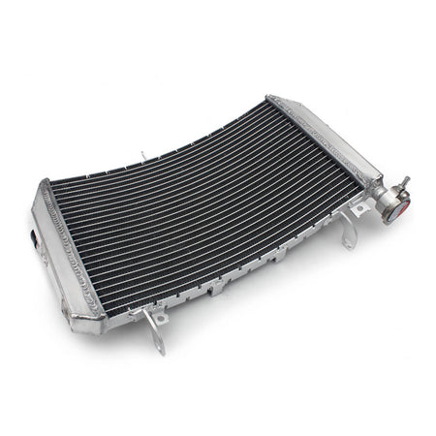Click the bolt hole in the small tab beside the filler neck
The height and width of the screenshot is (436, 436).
click(360, 207)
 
